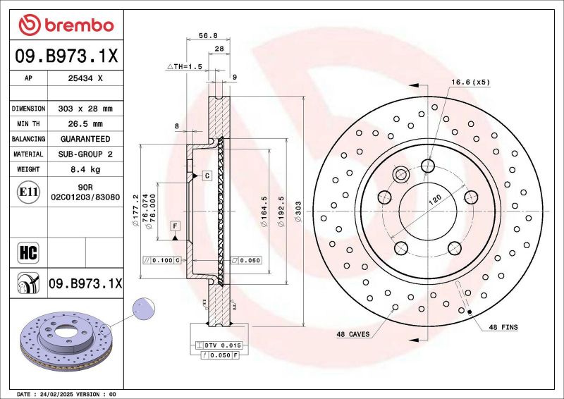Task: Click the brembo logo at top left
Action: pos(66,25)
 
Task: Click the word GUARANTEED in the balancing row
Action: pos(85,139)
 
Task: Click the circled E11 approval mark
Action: pos(28,191)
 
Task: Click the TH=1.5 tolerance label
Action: pos(185,66)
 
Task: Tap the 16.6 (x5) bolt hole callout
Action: pos(470,82)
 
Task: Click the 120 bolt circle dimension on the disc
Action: pos(434,201)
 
